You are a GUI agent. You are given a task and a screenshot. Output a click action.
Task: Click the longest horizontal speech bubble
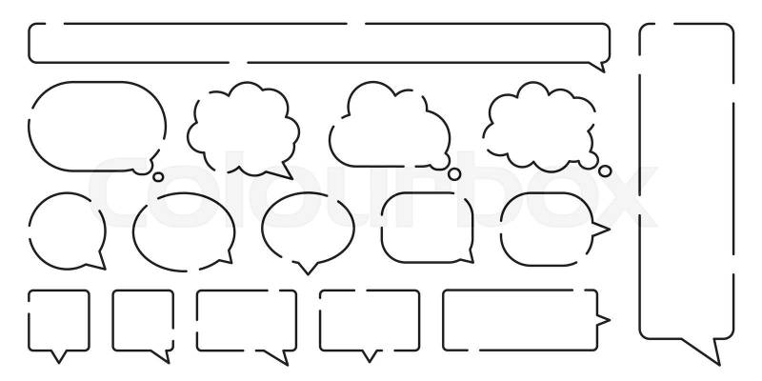coord(319,43)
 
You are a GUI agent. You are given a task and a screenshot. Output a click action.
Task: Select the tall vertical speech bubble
coord(686,181)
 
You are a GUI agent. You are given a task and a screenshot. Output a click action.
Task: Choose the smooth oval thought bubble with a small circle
coord(97,124)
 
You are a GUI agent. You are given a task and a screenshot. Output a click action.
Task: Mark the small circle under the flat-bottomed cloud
coord(455,174)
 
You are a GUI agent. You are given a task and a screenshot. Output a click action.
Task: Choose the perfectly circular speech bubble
coord(67,229)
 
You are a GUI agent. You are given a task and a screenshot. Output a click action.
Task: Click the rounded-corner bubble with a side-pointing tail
coord(543,229)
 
